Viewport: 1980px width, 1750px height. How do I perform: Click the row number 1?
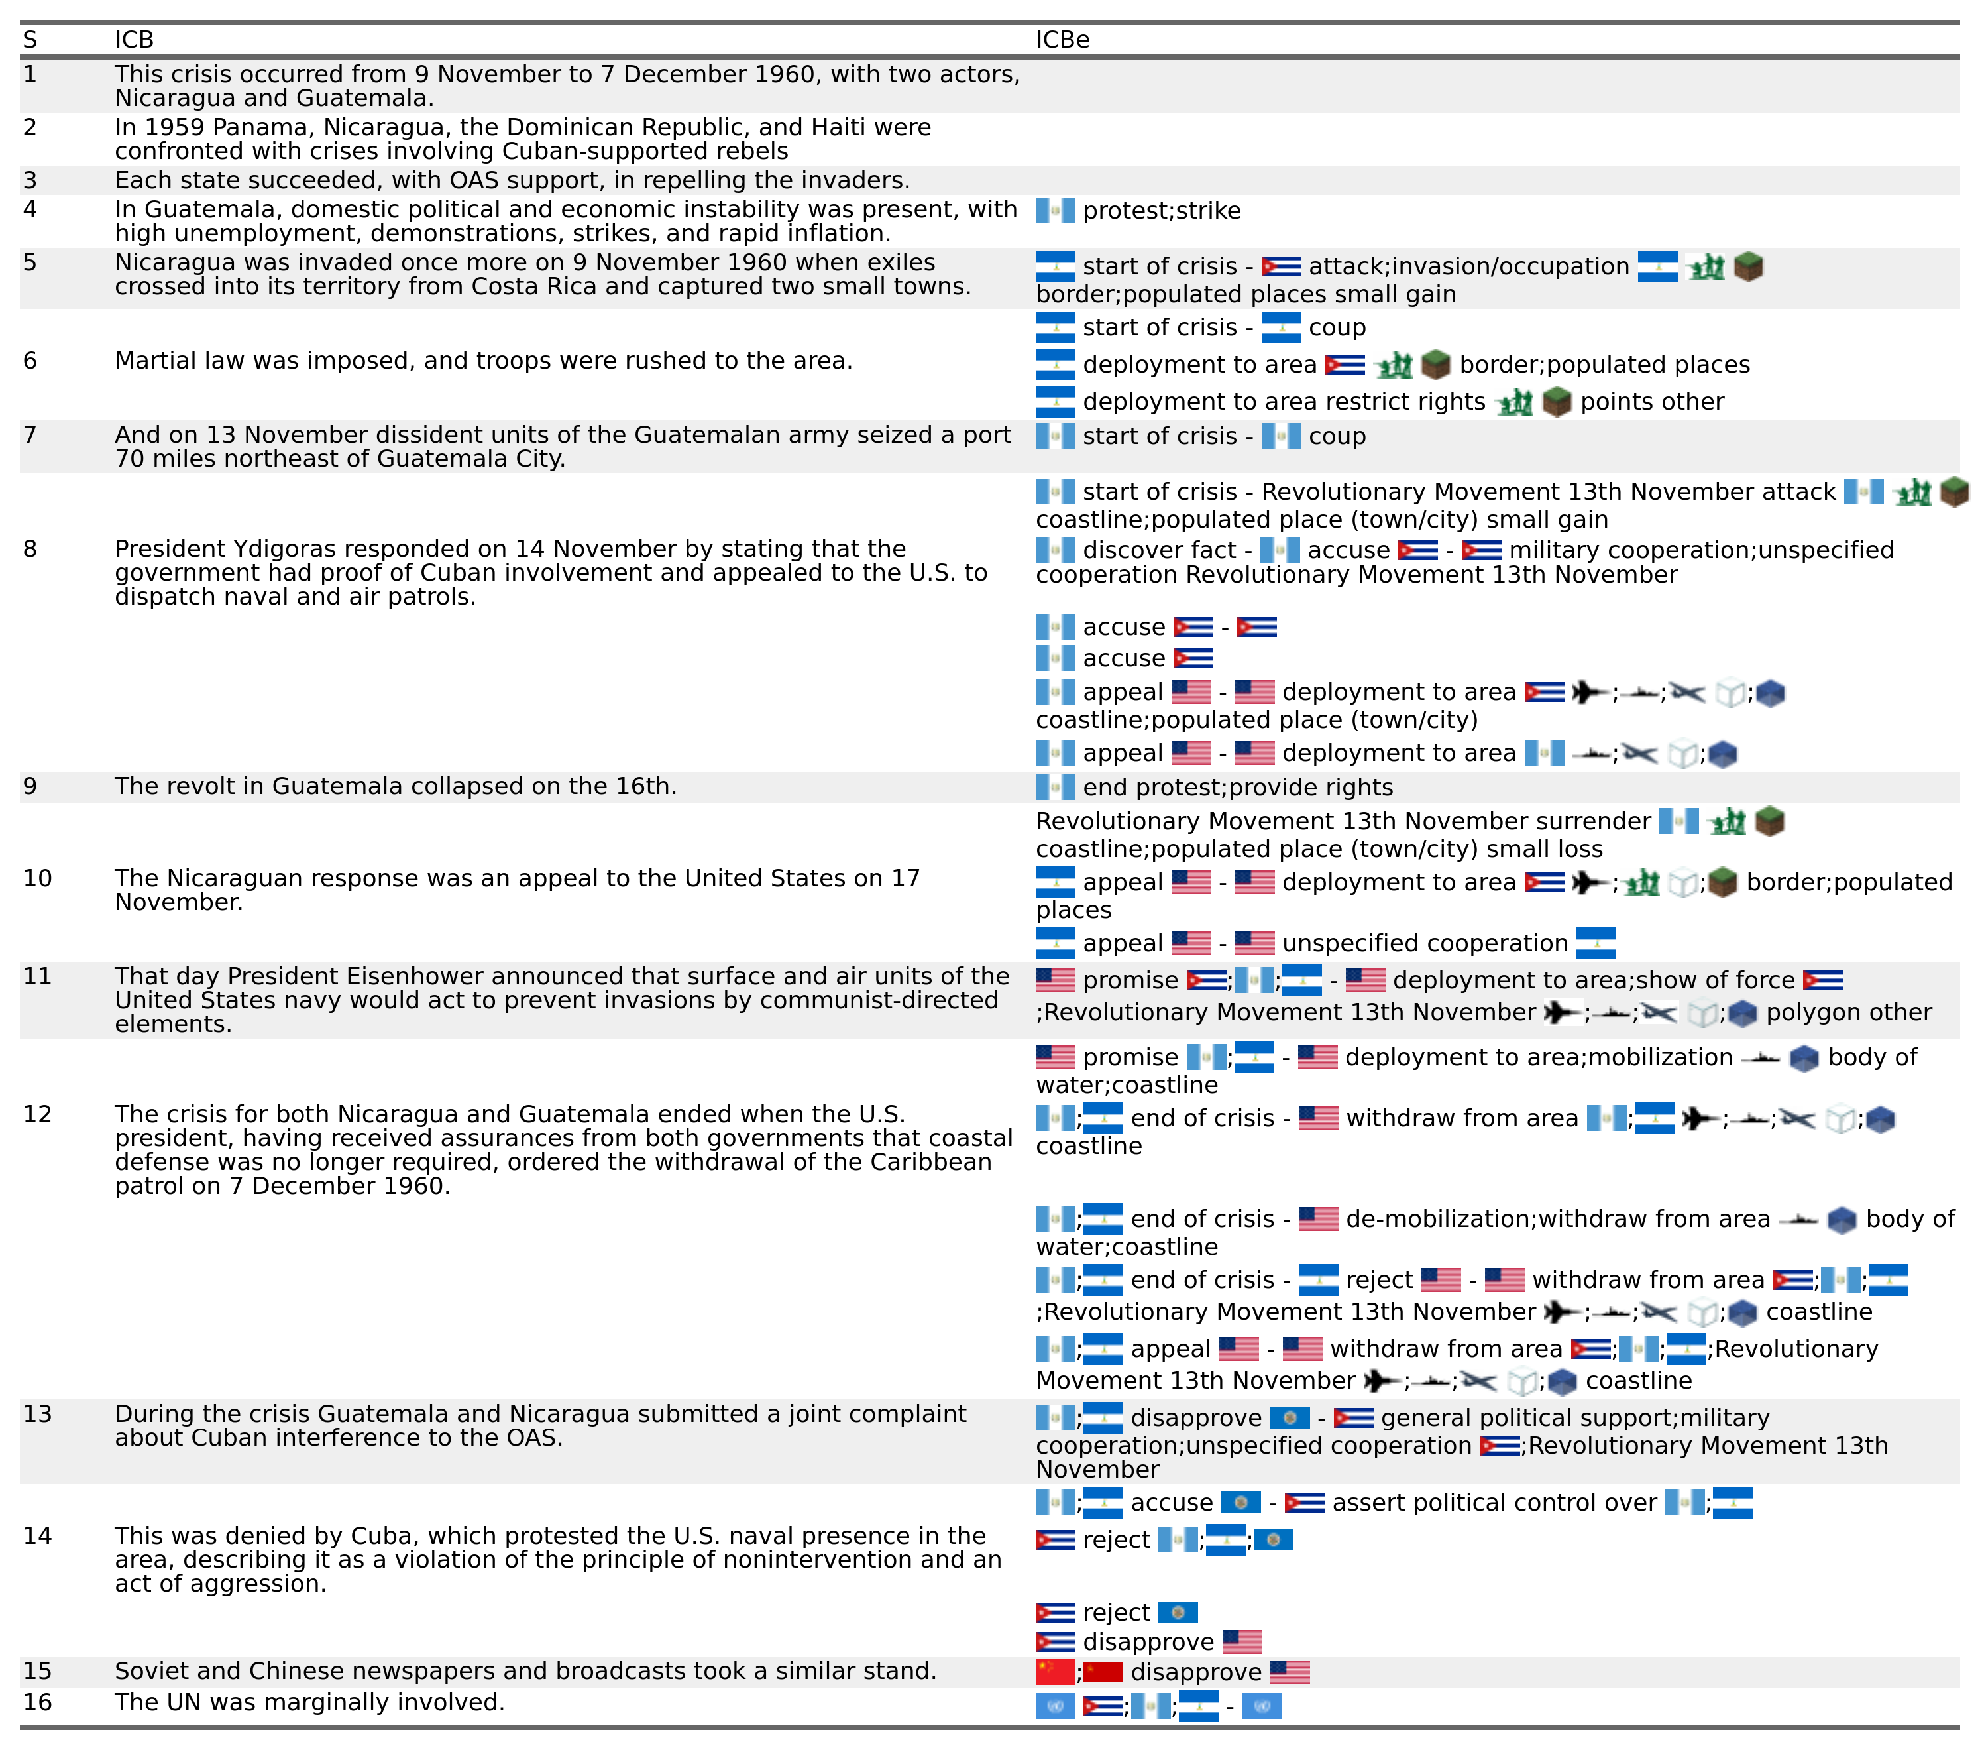pyautogui.click(x=30, y=75)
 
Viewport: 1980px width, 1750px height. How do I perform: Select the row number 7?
pyautogui.click(x=30, y=435)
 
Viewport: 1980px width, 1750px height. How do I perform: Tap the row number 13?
pyautogui.click(x=37, y=1414)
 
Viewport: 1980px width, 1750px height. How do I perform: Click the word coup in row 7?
pyautogui.click(x=1337, y=436)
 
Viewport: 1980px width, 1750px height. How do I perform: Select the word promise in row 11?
pyautogui.click(x=1130, y=980)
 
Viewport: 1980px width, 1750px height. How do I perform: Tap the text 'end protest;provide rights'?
pyautogui.click(x=1237, y=787)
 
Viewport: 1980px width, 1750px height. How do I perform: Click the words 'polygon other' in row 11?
pyautogui.click(x=1848, y=1013)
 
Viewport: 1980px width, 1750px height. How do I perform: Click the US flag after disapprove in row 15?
pyautogui.click(x=1290, y=1672)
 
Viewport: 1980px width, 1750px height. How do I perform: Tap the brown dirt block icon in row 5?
pyautogui.click(x=1747, y=266)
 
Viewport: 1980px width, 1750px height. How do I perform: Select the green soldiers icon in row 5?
pyautogui.click(x=1705, y=266)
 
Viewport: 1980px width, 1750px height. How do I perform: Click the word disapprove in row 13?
pyautogui.click(x=1195, y=1418)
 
